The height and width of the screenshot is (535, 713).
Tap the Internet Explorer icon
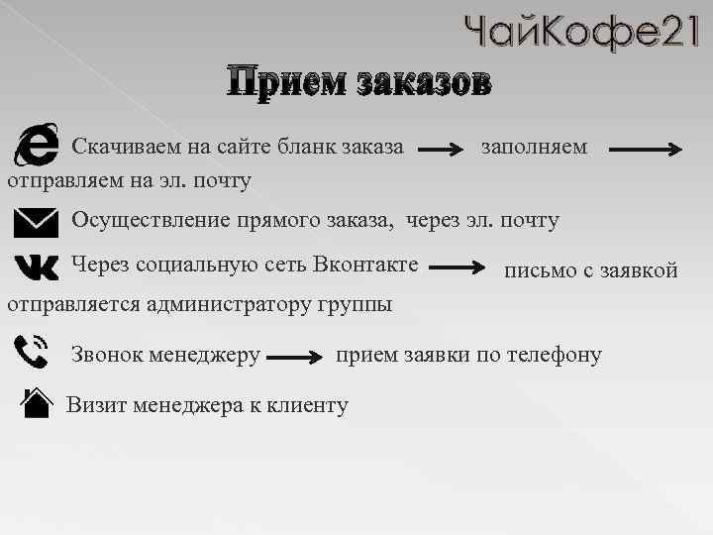pos(36,147)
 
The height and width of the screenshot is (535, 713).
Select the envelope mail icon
pos(36,222)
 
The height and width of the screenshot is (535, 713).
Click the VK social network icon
pos(37,267)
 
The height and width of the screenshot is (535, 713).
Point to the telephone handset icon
pos(34,354)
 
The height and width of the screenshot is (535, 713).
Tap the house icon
pos(36,403)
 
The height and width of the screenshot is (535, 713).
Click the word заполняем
pos(534,147)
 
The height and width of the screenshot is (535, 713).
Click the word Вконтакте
pos(365,265)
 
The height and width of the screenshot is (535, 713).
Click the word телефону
pos(553,354)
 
